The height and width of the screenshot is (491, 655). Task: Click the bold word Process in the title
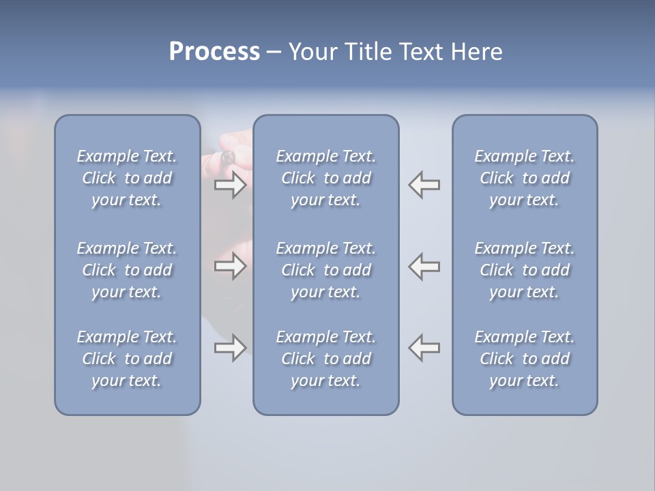(x=214, y=52)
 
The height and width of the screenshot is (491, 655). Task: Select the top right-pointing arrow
(x=230, y=185)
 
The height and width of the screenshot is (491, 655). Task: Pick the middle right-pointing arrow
(x=230, y=265)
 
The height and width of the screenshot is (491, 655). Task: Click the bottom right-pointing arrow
(x=230, y=348)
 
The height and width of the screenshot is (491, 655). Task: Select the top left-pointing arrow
(x=424, y=185)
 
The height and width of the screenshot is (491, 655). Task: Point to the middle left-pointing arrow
(x=424, y=265)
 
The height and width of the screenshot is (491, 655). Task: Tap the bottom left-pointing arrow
(x=424, y=348)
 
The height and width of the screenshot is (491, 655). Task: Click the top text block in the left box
(x=127, y=178)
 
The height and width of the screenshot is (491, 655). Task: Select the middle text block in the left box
(x=127, y=270)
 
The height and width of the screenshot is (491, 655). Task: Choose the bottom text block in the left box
(x=127, y=359)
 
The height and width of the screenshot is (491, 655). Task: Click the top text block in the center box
(x=325, y=178)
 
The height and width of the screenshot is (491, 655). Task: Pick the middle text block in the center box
(x=325, y=270)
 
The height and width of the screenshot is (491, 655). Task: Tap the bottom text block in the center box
(x=325, y=359)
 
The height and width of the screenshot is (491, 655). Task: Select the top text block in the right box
(x=524, y=178)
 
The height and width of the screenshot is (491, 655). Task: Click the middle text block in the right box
(x=524, y=270)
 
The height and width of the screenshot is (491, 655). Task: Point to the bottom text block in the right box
(x=524, y=359)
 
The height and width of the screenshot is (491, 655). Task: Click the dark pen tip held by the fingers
(x=227, y=158)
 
